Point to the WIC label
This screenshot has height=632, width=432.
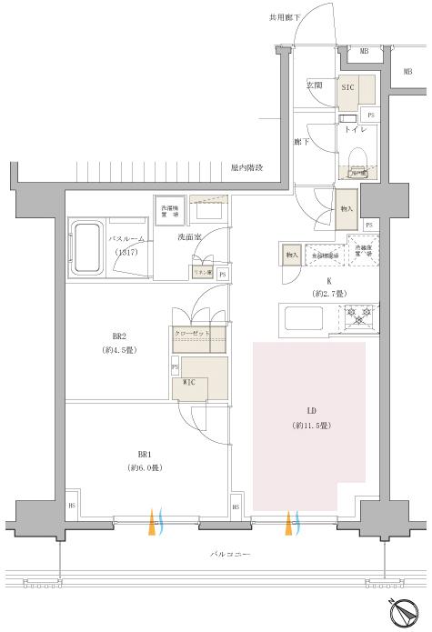(x=189, y=382)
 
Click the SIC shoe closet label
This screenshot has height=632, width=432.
(x=347, y=88)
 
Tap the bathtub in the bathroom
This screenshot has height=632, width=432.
(x=87, y=246)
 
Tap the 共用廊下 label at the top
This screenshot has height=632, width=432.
(x=283, y=16)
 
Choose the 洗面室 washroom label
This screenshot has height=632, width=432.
(x=189, y=238)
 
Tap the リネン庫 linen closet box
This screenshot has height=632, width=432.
(x=201, y=272)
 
